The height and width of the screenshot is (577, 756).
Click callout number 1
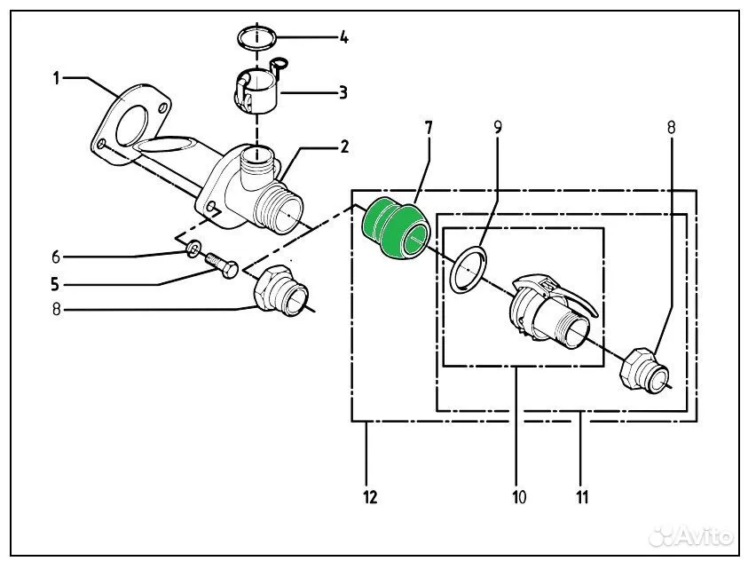(56, 79)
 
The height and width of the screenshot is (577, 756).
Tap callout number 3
(343, 92)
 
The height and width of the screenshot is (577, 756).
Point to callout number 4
(343, 37)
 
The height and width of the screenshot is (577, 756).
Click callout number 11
(583, 496)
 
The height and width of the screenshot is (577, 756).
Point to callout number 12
(370, 496)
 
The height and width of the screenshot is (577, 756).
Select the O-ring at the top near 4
(258, 38)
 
